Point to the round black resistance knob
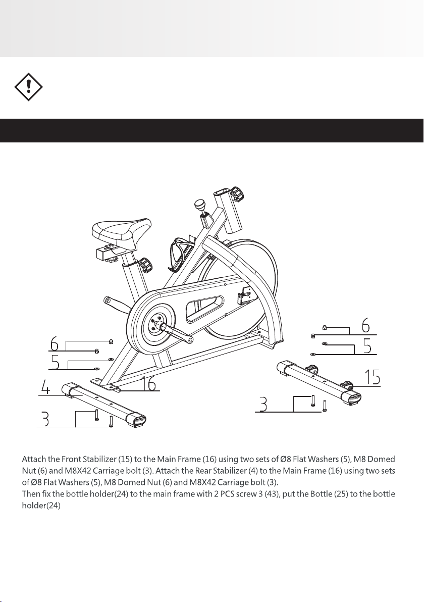pos(200,205)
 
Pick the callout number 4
pos(46,389)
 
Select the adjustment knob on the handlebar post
pos(236,193)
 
